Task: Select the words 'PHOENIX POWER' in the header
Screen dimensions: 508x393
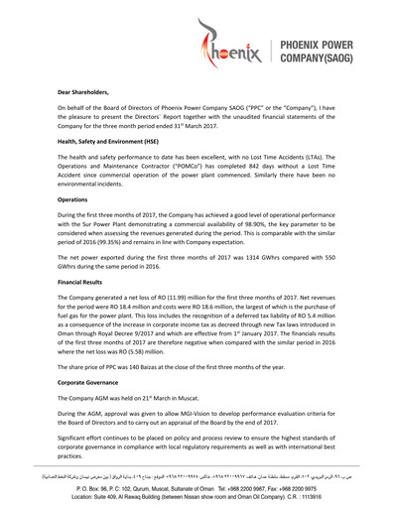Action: click(327, 46)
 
